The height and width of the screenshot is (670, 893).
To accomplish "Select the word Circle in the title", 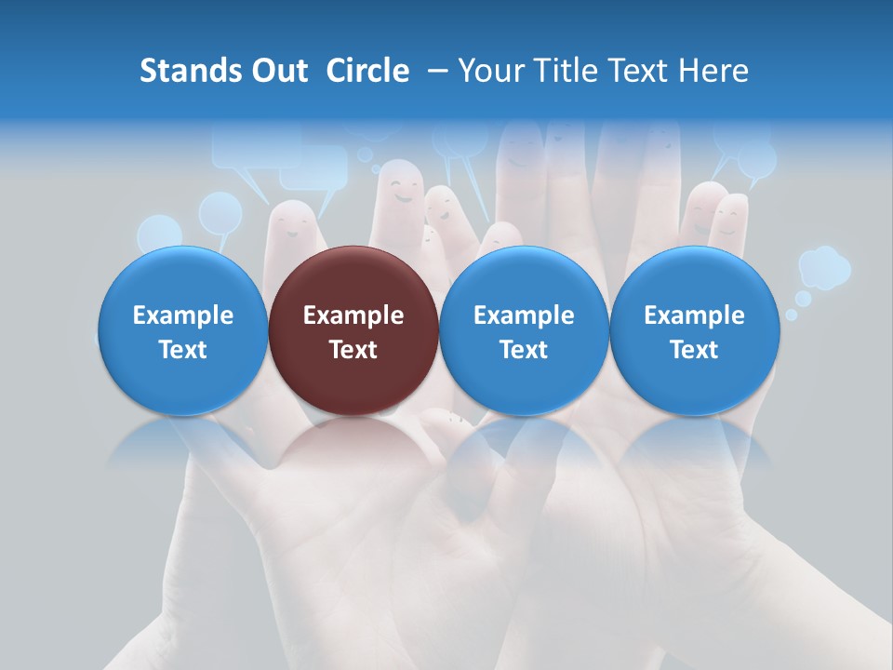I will coord(367,71).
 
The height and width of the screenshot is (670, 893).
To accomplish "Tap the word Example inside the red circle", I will coord(353,315).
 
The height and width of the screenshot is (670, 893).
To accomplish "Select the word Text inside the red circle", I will coord(353,350).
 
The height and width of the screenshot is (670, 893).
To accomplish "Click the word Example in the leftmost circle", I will coord(182,315).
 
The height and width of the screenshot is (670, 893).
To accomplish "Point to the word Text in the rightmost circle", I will coord(694,350).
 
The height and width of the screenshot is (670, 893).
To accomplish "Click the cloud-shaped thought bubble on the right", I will coord(824,267).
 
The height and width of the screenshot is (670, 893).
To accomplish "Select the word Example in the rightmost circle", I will coord(694,315).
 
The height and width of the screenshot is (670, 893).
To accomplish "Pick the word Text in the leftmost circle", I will coord(182,350).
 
